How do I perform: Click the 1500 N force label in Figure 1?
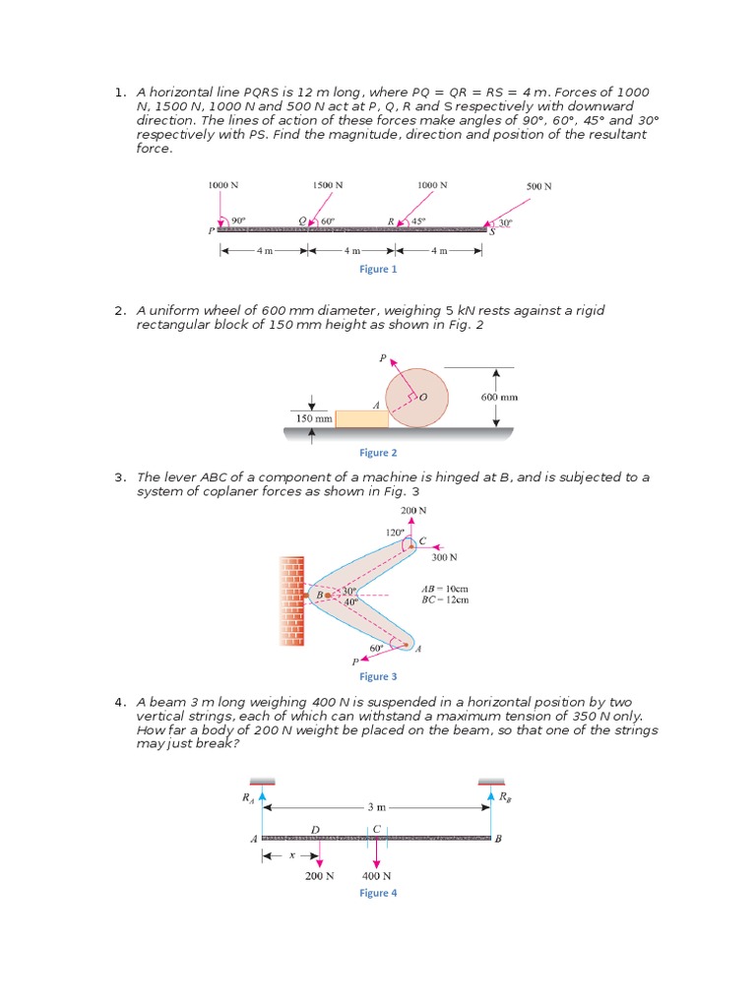click(329, 185)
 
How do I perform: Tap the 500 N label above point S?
click(538, 186)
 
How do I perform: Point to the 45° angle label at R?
click(418, 221)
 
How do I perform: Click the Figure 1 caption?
click(379, 269)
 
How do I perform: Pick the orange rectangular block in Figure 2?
click(361, 419)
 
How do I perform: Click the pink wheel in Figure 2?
click(417, 398)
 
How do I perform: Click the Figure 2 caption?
click(379, 453)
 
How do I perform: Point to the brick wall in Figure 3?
click(292, 599)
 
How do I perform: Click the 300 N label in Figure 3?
click(445, 557)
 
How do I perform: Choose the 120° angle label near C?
click(394, 533)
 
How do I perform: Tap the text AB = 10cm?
click(445, 588)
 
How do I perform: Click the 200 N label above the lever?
click(413, 511)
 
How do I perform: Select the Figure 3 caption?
click(379, 676)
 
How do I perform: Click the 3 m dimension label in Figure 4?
click(377, 806)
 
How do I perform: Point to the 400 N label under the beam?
click(377, 876)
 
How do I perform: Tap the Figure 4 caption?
click(379, 893)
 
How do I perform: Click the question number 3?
click(119, 477)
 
